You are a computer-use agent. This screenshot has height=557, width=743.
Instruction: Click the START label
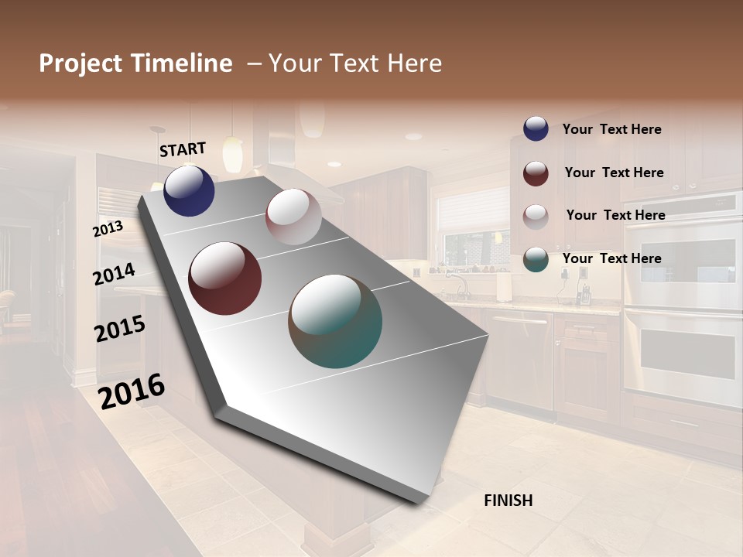[183, 149]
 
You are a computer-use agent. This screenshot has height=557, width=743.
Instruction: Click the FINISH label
[508, 501]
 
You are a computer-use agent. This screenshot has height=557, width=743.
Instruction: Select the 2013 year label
[108, 229]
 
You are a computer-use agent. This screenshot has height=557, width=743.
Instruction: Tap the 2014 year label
[114, 275]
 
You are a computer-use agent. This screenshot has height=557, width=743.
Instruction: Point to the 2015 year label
[119, 329]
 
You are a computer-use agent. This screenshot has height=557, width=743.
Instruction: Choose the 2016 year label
[132, 391]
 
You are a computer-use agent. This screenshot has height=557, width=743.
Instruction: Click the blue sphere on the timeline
[189, 190]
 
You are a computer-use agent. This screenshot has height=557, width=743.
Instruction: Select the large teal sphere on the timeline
[335, 321]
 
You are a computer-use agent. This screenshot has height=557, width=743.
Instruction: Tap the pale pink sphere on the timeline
[293, 217]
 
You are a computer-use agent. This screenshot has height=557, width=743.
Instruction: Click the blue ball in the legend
[536, 129]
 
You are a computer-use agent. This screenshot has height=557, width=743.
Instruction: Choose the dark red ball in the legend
[536, 173]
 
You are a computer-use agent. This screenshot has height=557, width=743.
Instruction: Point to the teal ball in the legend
[536, 259]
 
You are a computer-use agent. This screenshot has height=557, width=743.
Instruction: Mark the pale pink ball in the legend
[536, 216]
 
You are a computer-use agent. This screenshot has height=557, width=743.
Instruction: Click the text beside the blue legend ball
[611, 129]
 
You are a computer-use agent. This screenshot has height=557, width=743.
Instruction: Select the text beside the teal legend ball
[611, 258]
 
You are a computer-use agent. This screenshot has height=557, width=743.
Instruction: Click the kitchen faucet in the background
[460, 284]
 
